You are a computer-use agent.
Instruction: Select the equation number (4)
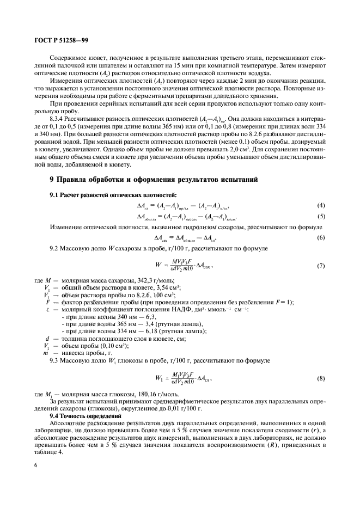[x=321, y=205]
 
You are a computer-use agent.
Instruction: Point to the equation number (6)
[x=321, y=238]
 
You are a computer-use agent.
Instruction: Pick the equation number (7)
[x=321, y=265]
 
